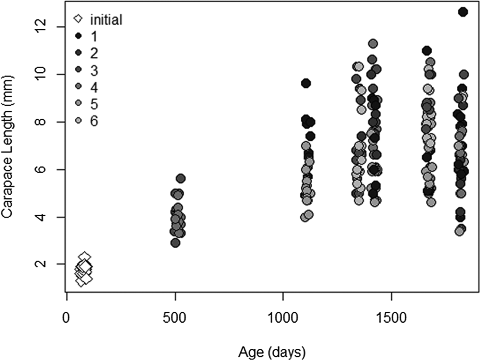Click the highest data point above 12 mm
[463, 12]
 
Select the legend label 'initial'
[106, 20]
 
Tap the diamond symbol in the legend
[78, 19]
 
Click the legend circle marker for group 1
[79, 36]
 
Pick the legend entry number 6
[94, 121]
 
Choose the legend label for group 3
[94, 70]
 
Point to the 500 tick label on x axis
[175, 318]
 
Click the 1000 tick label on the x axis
[283, 318]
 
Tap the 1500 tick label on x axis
[391, 318]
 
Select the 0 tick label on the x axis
[66, 318]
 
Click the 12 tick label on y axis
[40, 26]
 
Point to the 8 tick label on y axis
[40, 122]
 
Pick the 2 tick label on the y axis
[40, 264]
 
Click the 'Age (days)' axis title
[272, 352]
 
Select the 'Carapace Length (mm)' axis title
[8, 146]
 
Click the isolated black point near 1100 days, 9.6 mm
[306, 83]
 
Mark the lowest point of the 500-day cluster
[175, 243]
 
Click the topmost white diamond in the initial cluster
[84, 257]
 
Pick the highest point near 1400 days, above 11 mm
[373, 44]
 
